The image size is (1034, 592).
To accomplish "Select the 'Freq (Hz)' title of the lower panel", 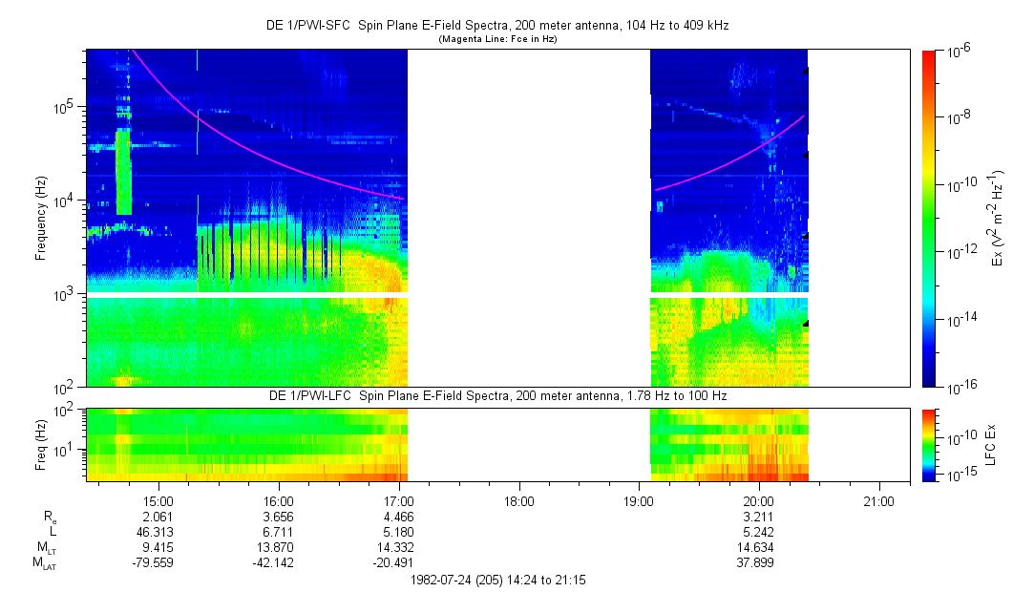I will (41, 444).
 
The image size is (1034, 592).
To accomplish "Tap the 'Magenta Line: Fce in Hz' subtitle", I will (497, 40).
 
